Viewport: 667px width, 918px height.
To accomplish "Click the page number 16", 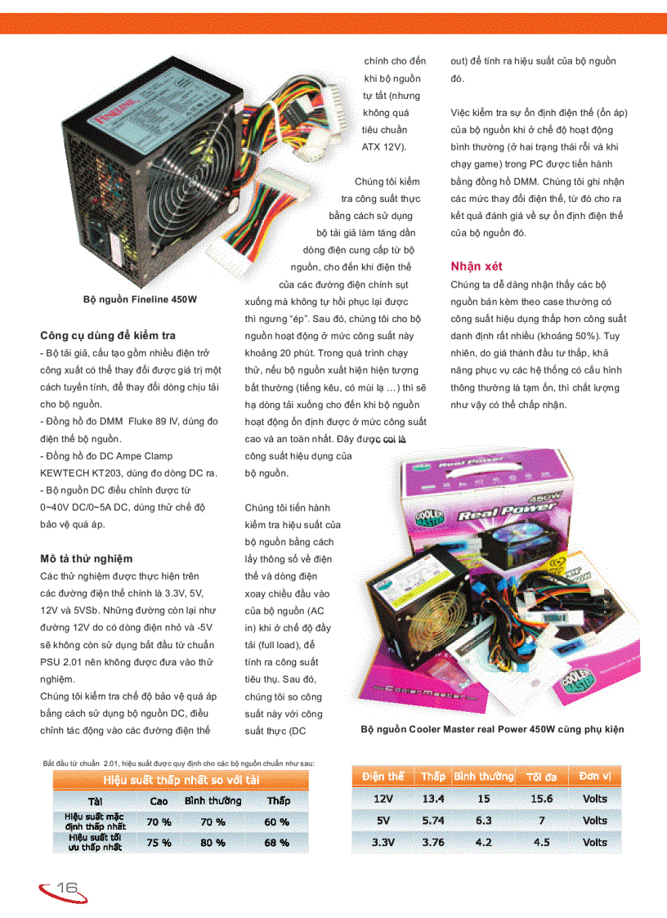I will click(x=67, y=888).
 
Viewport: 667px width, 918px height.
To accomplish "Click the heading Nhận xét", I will click(x=476, y=266).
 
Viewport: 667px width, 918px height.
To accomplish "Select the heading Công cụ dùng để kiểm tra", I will click(x=108, y=335).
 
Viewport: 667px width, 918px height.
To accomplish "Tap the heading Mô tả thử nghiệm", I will click(x=86, y=558).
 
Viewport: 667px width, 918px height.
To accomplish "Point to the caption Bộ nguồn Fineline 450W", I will click(x=140, y=300).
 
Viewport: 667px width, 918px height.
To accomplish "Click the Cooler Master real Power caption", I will click(x=492, y=729).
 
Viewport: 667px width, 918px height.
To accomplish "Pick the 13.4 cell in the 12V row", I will click(x=433, y=799).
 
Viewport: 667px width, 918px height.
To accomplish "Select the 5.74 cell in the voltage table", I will click(x=433, y=820).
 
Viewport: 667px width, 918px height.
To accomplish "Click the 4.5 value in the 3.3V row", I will click(x=541, y=842).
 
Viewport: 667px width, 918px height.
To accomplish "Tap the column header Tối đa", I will click(x=541, y=776).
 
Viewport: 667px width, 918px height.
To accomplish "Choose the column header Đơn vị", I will click(x=594, y=776).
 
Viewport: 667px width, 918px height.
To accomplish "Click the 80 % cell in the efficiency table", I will click(x=213, y=842).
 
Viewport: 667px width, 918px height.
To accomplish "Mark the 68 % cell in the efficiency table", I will click(x=278, y=842).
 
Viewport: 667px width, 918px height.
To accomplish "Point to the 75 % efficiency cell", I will click(x=159, y=842).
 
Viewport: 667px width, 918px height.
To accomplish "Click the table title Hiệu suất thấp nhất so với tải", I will click(x=181, y=779).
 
